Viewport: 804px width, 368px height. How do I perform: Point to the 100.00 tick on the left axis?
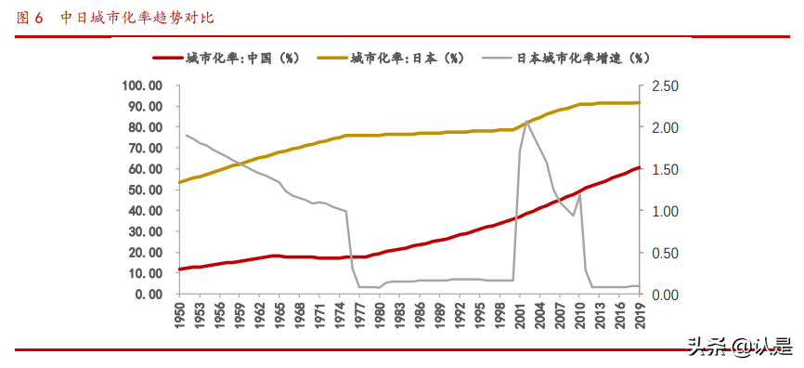point(142,85)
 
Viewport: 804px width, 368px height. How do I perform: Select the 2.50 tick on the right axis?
point(668,85)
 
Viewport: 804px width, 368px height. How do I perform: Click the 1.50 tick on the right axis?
point(668,169)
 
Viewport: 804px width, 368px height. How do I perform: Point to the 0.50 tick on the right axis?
point(668,253)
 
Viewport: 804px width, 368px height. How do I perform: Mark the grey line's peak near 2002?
point(527,121)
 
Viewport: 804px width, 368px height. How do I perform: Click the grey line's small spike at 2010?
point(579,194)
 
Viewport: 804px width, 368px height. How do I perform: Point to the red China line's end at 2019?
point(639,168)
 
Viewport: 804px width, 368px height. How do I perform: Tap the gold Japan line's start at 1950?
point(179,182)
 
